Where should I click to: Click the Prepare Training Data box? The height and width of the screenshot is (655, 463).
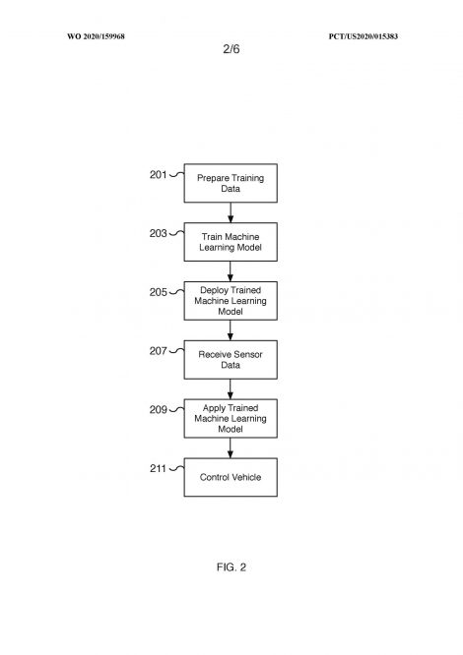pos(231,183)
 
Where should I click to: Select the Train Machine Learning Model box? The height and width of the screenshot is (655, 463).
pos(231,242)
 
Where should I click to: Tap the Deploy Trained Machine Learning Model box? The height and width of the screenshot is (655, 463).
pos(231,301)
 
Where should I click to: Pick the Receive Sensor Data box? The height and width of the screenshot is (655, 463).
pos(231,360)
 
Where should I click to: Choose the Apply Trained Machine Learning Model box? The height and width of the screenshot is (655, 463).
pos(231,419)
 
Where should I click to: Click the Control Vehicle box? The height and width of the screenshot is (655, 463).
pos(231,477)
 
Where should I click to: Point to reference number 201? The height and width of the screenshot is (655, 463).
pos(158,175)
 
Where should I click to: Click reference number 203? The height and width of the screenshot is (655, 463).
pos(158,233)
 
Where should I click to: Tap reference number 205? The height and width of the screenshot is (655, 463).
pos(158,292)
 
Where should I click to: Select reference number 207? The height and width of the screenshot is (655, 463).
pos(158,351)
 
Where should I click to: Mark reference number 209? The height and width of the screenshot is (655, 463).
pos(158,410)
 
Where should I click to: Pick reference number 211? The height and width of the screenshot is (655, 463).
pos(158,469)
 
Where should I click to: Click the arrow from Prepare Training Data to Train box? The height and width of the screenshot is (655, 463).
pos(231,212)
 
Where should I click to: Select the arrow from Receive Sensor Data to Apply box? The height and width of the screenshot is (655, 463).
pos(231,389)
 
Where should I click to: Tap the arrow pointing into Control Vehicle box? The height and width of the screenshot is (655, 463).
pos(231,448)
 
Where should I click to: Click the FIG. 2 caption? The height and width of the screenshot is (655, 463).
pos(231,567)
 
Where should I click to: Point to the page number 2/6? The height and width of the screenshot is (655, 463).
pos(231,49)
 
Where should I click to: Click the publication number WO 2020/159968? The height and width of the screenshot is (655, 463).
pos(96,36)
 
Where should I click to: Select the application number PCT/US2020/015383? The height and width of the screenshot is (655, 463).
pos(364,36)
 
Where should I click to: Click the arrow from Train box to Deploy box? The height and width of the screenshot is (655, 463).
pos(231,271)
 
